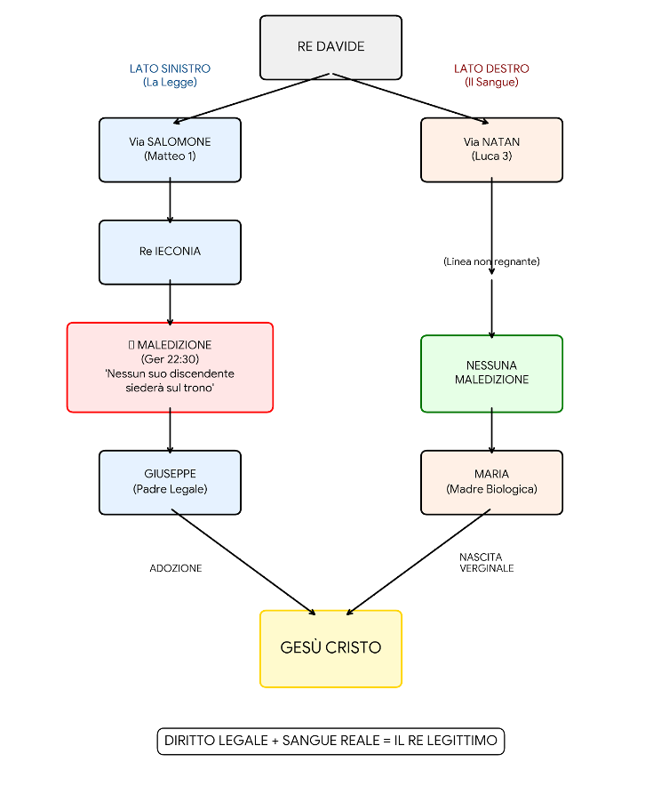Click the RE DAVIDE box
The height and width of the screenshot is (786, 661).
(x=330, y=47)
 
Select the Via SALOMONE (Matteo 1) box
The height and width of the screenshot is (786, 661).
(x=170, y=150)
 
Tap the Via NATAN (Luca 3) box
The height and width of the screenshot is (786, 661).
(x=491, y=150)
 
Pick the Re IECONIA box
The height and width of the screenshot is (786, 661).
(x=170, y=253)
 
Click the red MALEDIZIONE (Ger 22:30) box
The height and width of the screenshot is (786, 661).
(x=170, y=367)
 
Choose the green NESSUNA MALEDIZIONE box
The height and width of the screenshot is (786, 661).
(x=491, y=373)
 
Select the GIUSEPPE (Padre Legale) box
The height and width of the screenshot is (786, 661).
(x=170, y=482)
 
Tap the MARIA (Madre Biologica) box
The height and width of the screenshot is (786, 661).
(x=491, y=482)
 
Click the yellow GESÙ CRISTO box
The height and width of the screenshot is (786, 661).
(x=330, y=649)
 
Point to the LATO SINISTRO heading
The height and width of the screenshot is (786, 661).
(x=170, y=68)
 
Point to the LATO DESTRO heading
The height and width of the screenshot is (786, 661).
(x=491, y=68)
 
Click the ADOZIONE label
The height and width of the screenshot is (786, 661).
(x=176, y=568)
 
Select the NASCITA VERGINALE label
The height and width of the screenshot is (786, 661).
(x=487, y=563)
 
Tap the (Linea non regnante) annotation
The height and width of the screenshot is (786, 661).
(x=491, y=261)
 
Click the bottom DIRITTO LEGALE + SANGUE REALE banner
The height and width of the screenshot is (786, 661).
(x=330, y=741)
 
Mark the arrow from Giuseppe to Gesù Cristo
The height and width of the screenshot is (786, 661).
(x=243, y=562)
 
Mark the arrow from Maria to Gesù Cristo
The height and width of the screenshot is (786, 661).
(x=418, y=562)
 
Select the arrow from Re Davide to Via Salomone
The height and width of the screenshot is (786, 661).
(x=251, y=98)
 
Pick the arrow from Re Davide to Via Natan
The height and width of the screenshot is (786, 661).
(x=410, y=98)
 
